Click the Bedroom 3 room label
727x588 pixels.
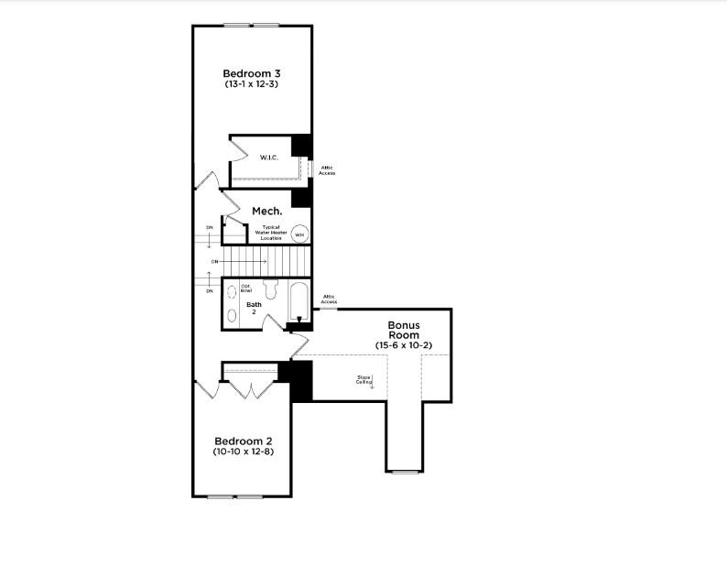[x=251, y=73]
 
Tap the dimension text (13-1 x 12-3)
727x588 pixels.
[x=251, y=84]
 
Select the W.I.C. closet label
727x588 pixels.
[x=269, y=158]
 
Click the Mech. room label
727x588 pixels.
[x=266, y=211]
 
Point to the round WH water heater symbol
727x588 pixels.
[x=299, y=234]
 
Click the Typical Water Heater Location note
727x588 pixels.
[x=274, y=232]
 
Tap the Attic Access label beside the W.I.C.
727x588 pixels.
[x=327, y=170]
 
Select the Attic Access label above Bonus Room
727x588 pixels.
[x=329, y=299]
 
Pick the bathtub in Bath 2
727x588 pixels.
[x=298, y=301]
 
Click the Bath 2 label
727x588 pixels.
[x=254, y=308]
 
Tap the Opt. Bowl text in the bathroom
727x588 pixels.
[x=246, y=289]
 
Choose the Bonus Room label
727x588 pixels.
[x=403, y=330]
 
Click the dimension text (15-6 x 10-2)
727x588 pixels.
[x=403, y=345]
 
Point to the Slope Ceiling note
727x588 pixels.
[x=364, y=379]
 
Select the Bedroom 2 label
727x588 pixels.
[x=242, y=441]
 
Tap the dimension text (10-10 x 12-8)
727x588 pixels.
[x=242, y=452]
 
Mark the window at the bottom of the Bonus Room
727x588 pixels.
[x=405, y=472]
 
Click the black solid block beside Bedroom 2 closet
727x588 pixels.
[x=301, y=380]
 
